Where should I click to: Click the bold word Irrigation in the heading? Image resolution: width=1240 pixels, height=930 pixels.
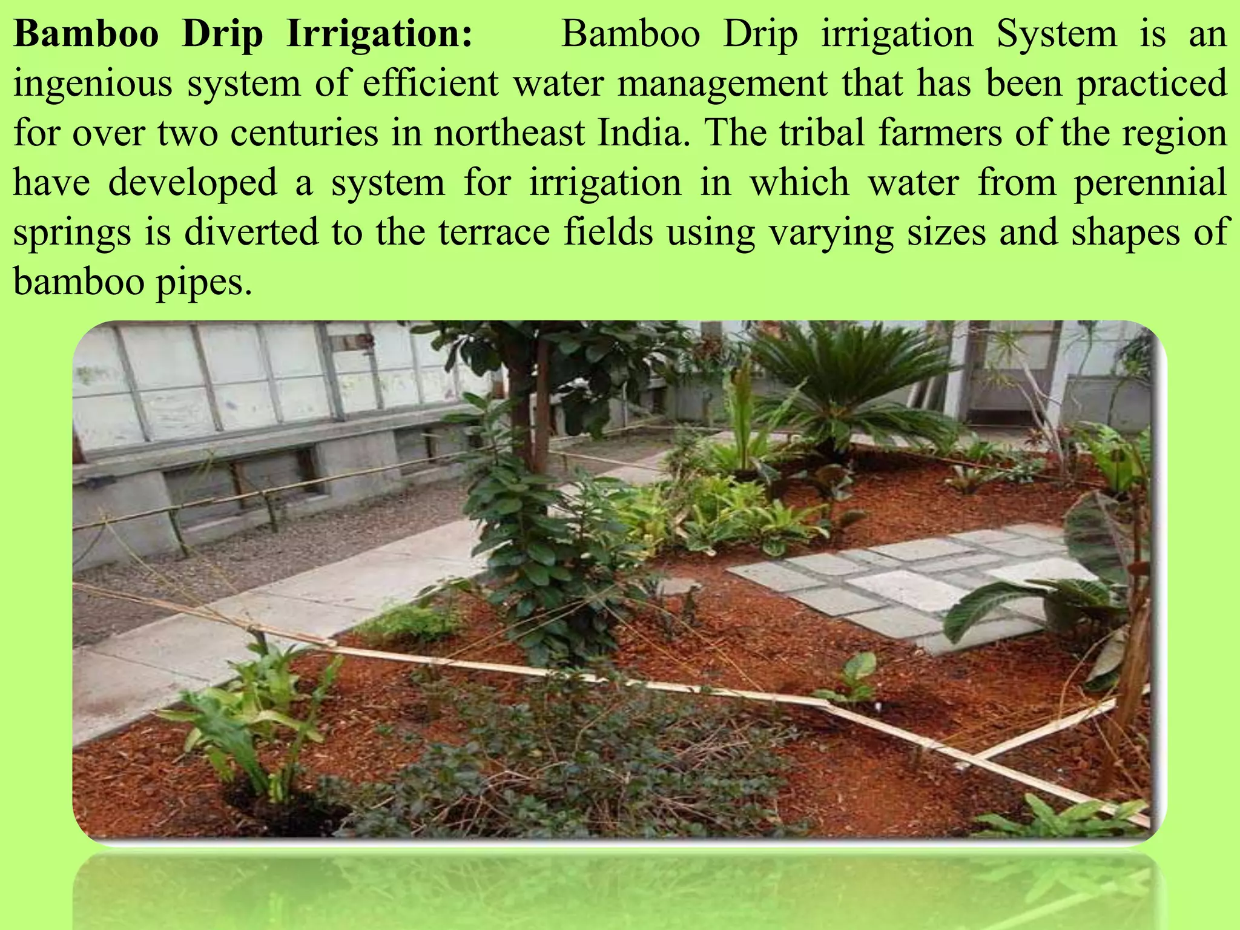tap(379, 34)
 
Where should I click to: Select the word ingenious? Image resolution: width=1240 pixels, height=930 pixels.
tap(93, 84)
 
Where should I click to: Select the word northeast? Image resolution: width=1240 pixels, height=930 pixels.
tap(509, 133)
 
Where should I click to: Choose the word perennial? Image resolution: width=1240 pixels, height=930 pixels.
tap(1150, 183)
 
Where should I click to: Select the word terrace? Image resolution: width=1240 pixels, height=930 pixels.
tap(493, 232)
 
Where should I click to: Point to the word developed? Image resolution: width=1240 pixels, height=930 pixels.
tap(193, 183)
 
